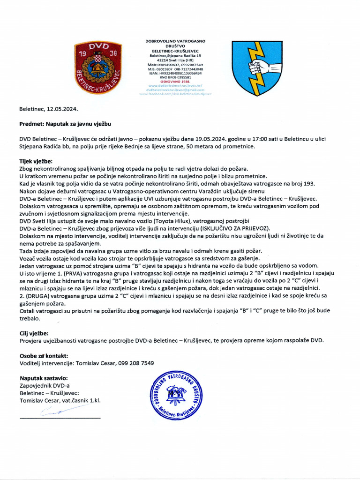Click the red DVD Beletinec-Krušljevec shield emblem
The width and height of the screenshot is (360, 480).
point(98,67)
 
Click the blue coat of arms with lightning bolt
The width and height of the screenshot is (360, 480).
point(256,67)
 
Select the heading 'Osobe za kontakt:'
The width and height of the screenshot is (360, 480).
point(44,356)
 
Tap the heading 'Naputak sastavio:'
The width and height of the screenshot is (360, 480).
point(44,378)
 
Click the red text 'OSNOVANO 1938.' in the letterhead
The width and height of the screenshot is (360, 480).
point(175,82)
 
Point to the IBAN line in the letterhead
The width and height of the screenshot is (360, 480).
point(175,74)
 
